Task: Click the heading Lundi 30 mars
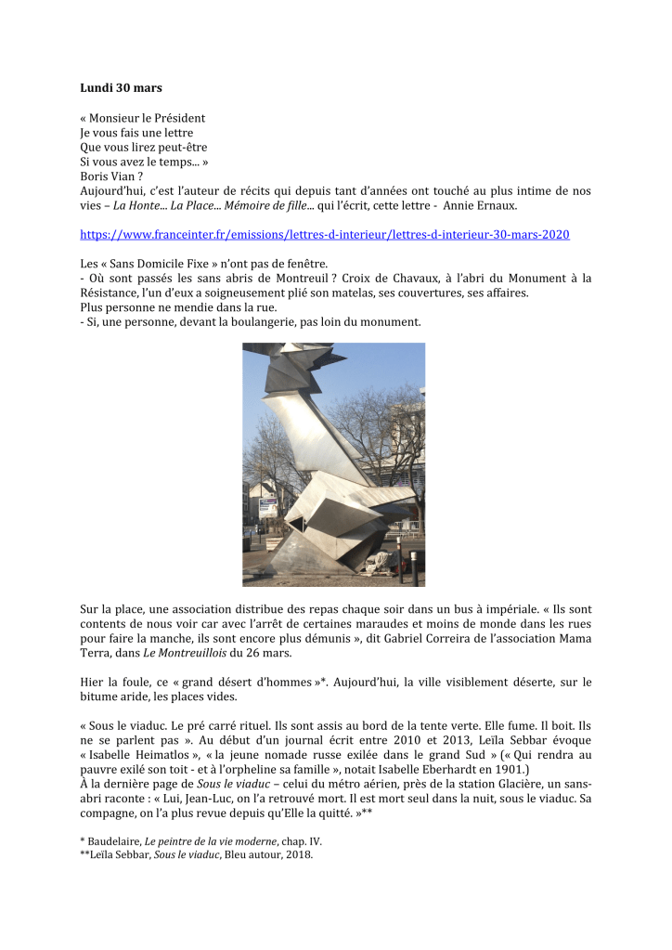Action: point(121,88)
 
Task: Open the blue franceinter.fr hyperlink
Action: point(325,235)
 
